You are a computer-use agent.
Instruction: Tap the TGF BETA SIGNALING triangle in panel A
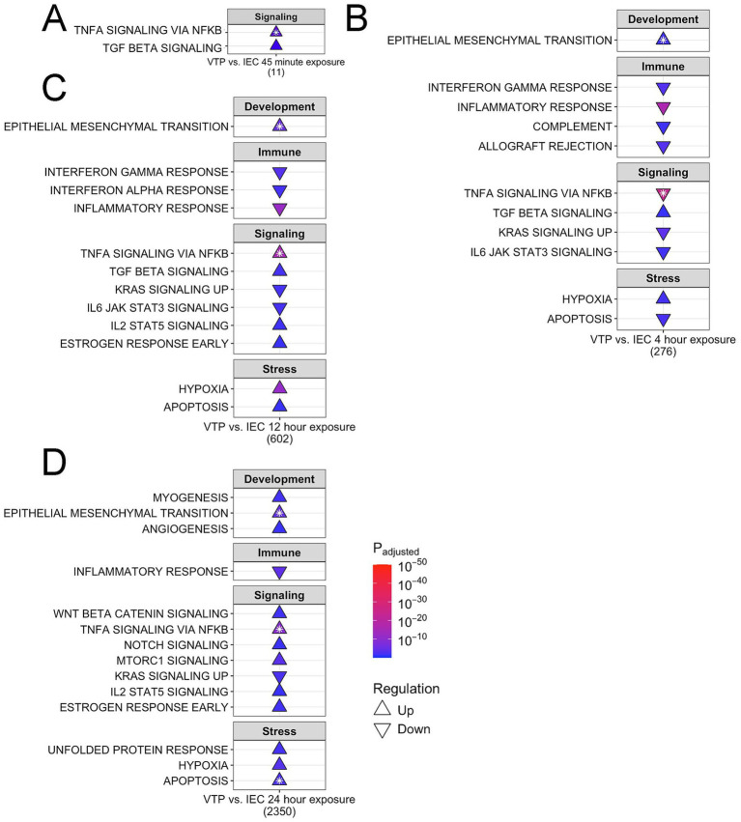[x=276, y=45]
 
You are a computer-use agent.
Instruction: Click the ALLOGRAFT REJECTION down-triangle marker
[x=662, y=147]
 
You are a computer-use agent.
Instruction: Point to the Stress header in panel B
[x=662, y=278]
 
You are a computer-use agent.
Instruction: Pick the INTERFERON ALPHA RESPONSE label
[x=135, y=190]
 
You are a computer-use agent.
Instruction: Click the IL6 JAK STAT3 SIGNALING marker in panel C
[x=279, y=307]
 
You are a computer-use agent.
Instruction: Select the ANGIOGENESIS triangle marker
[x=279, y=528]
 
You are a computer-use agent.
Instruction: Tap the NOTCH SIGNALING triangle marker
[x=279, y=644]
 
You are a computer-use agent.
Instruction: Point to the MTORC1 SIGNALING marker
[x=279, y=660]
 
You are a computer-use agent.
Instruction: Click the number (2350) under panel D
[x=279, y=810]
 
